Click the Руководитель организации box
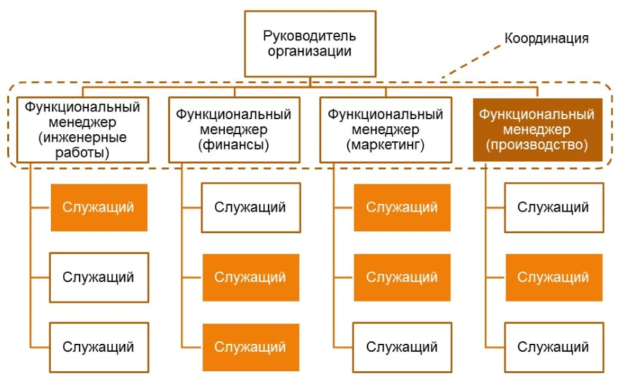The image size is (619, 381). point(310,44)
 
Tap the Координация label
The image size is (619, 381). point(547,38)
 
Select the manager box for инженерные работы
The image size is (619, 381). point(83,130)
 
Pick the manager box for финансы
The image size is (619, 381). point(234,130)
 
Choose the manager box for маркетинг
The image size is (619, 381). point(386,130)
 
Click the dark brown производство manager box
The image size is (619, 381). point(538,130)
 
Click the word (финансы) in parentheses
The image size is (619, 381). point(234,145)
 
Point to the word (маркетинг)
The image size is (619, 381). point(385,145)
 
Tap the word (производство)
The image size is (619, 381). point(537,145)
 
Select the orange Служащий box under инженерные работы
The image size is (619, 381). point(99,208)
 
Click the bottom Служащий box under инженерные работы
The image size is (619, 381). point(99,347)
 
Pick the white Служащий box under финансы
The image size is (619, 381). point(251,208)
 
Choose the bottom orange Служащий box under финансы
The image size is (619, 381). point(251,347)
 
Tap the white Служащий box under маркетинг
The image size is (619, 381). point(402,347)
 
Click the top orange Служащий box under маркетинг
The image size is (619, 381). point(402,208)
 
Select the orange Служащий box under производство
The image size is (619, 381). point(554,277)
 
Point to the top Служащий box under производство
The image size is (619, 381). point(554,208)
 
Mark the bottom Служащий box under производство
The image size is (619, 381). point(554,347)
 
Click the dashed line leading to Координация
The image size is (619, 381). point(471,61)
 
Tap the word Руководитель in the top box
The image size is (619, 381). point(309,36)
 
